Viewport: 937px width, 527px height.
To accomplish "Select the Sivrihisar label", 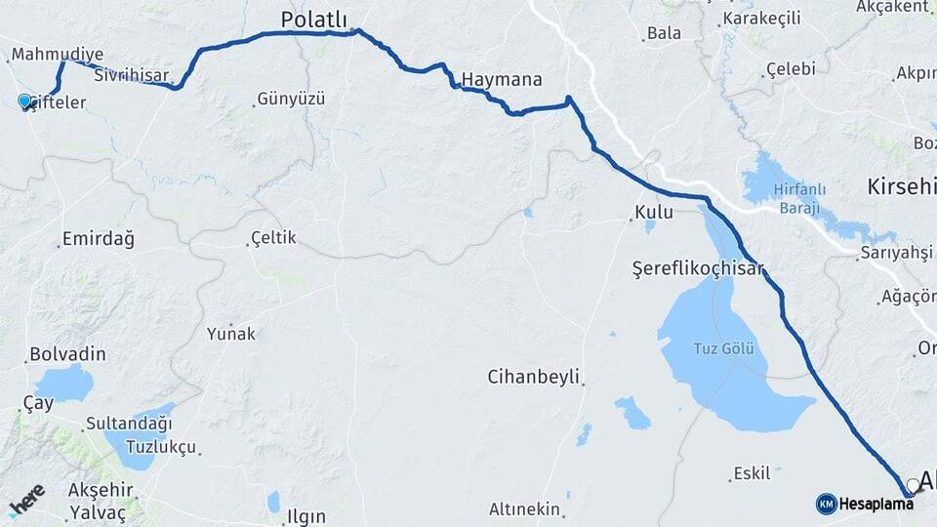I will (132, 74).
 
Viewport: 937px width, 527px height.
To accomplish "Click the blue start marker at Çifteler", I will (25, 101).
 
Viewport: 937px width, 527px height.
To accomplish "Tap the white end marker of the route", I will (913, 484).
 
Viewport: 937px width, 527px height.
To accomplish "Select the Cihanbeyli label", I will (534, 376).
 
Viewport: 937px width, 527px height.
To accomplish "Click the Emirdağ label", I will (98, 238).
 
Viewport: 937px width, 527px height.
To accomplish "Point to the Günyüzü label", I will (290, 99).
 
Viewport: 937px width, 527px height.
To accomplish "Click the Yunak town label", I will (231, 334).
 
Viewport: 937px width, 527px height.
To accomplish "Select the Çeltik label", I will (273, 237).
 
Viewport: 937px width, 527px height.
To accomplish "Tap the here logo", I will (28, 501).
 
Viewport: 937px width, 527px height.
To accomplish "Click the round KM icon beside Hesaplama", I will (826, 503).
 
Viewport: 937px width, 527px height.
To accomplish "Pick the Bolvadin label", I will (67, 354).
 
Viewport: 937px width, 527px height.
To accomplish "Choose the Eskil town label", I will (751, 473).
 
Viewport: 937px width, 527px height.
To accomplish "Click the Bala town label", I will (664, 33).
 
